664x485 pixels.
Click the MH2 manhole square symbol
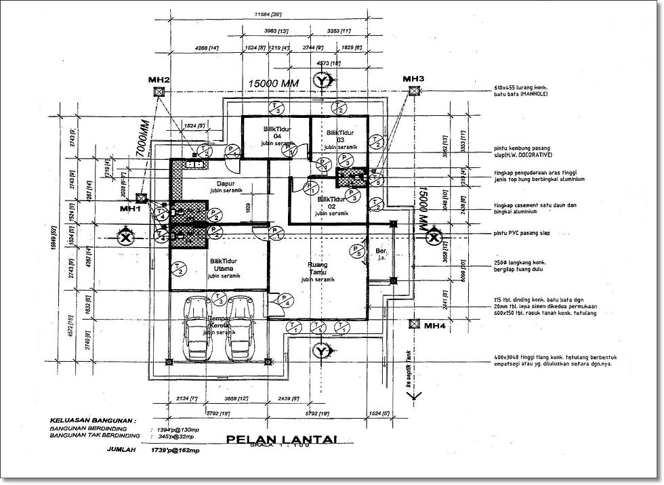[158, 91]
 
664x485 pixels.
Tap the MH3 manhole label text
[413, 79]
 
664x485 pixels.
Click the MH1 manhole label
[130, 209]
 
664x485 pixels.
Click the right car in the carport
[239, 328]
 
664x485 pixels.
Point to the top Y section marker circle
[323, 81]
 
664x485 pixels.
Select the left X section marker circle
[125, 237]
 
